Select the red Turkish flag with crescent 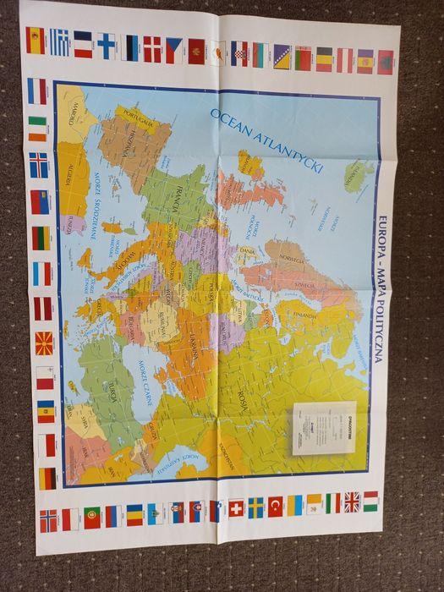[x=276, y=506]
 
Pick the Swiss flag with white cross [x=235, y=508]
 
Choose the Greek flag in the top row [x=59, y=42]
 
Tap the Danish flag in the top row [x=152, y=48]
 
